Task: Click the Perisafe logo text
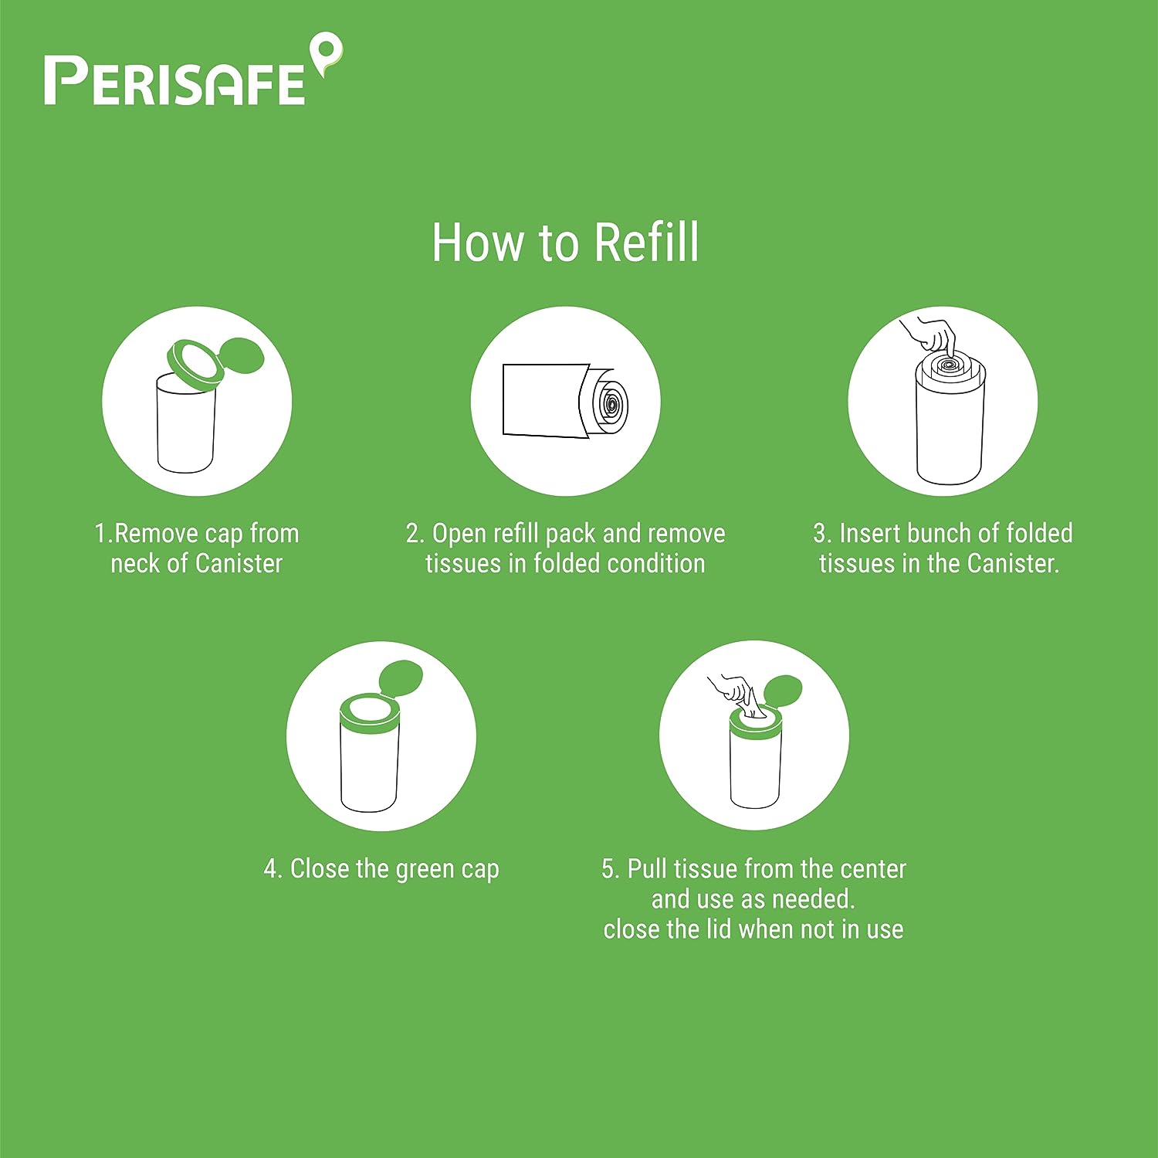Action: (x=174, y=81)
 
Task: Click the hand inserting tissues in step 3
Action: (x=932, y=334)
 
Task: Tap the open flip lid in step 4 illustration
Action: (x=401, y=679)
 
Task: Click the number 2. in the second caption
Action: (x=415, y=534)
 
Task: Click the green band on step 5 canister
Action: (x=756, y=731)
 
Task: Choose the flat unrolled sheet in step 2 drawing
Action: (x=540, y=400)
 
